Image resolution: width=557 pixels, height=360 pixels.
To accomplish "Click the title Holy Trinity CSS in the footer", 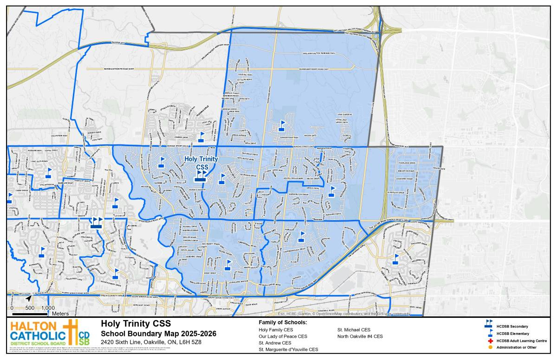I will click(x=136, y=323).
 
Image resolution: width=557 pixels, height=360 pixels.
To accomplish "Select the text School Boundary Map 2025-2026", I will click(x=158, y=334).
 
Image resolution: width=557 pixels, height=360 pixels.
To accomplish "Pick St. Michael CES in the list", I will click(x=353, y=329).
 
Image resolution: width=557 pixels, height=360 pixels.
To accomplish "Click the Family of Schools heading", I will click(x=283, y=322).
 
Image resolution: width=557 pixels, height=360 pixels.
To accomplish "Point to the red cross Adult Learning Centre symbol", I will click(x=490, y=341).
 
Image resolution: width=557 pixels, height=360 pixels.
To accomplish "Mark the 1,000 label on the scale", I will click(x=48, y=308).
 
